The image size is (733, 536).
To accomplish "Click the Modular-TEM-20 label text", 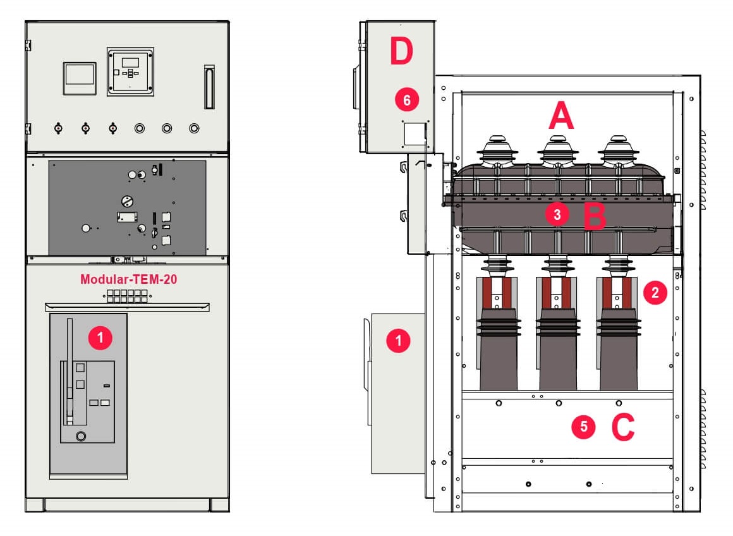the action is pos(128,279).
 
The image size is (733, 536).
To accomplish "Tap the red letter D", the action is pos(401,51).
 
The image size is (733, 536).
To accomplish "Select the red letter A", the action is pos(561,116).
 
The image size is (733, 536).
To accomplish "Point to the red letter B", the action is pos(595,217).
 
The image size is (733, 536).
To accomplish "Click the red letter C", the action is pos(623,427).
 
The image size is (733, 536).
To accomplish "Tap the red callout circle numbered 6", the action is pos(407,100).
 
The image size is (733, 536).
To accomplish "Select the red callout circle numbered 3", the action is pos(557,215).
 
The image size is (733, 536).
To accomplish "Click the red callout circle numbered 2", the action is pos(655,293).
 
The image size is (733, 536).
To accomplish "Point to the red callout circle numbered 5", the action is pos(583,427).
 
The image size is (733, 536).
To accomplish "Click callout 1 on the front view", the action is pos(100,338).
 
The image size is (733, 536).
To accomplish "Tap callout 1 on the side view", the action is pos(398,341).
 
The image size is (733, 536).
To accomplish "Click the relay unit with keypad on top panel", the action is pos(130,71).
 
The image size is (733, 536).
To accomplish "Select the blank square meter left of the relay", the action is pos(80,78).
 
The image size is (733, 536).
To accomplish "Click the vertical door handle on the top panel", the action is pos(209,87).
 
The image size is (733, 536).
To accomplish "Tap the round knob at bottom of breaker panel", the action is pos(81,436).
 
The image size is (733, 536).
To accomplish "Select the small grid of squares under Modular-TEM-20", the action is pos(127,296).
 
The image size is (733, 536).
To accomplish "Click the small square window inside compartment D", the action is pos(415,134).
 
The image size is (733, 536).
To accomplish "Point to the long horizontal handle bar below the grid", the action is pos(127,307).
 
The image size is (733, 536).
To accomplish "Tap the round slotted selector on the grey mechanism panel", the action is pos(127,201).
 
